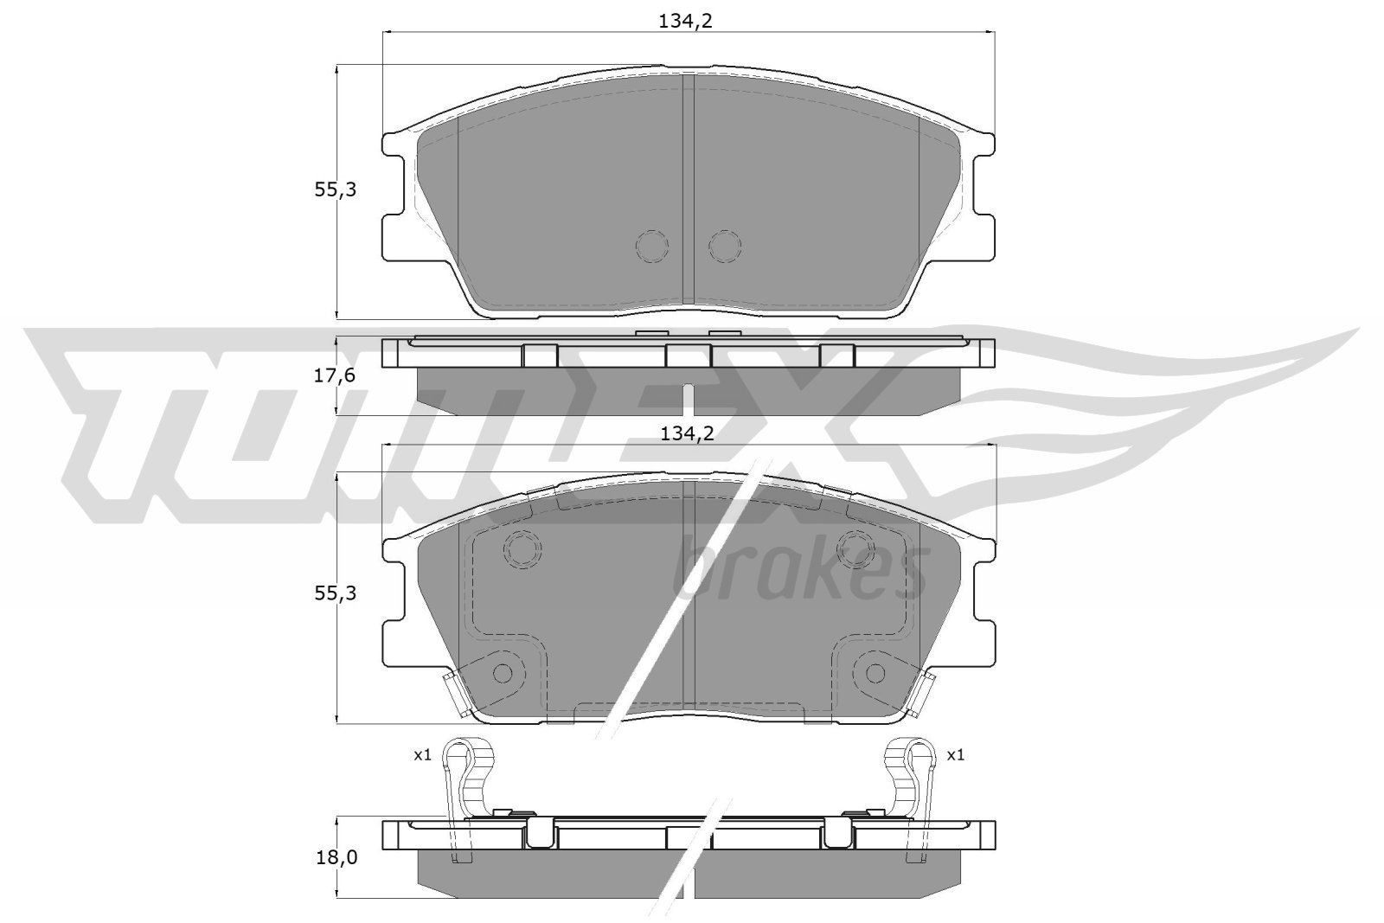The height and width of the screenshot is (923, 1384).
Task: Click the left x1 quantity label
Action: [421, 755]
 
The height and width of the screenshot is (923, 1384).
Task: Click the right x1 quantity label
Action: [955, 755]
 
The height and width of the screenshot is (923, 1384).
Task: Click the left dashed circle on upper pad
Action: [652, 247]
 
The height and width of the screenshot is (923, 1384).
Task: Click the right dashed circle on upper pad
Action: [725, 247]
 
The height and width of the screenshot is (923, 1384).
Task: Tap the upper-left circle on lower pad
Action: [522, 548]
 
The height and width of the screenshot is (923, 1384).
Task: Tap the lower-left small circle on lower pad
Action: [502, 672]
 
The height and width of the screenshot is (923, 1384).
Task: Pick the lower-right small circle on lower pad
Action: [875, 672]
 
